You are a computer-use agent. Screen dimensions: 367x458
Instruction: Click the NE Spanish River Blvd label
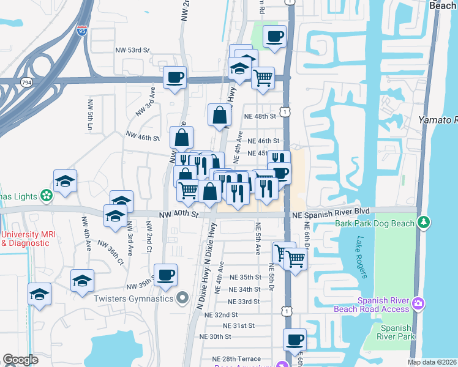(x=331, y=211)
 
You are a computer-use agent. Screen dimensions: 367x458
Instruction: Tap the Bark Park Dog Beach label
(x=374, y=223)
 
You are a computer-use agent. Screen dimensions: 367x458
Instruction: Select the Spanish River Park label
(x=394, y=332)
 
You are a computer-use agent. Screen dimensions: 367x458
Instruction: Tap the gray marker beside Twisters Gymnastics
(x=182, y=298)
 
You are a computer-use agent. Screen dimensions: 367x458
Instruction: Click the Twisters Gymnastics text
(x=133, y=298)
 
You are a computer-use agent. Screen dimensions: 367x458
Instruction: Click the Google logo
(x=20, y=360)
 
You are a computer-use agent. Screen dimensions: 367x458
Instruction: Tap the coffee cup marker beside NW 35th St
(x=165, y=275)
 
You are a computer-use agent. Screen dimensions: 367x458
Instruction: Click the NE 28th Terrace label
(x=242, y=359)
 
